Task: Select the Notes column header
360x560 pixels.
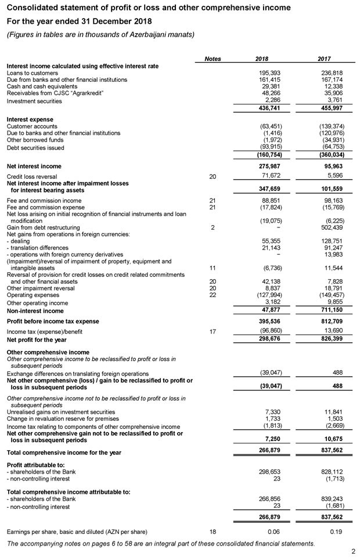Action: (x=213, y=59)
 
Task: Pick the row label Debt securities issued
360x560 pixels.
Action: (x=35, y=147)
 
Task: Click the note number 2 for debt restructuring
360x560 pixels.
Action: (x=212, y=227)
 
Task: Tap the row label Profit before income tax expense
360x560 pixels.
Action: (x=53, y=321)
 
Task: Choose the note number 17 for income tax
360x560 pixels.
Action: (x=212, y=331)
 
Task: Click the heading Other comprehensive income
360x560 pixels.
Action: (x=48, y=352)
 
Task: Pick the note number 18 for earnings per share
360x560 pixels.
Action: (x=212, y=532)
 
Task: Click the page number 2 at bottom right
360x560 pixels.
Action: (x=353, y=551)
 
